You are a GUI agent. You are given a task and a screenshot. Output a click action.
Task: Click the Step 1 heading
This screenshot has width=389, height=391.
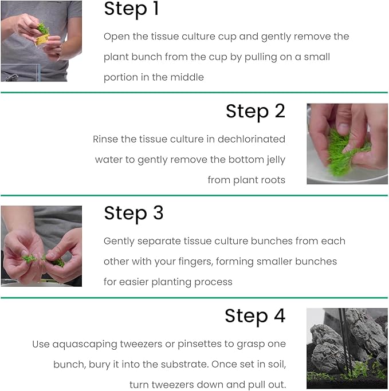point(131,10)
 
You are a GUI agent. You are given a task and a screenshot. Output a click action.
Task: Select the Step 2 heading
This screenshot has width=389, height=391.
point(255,111)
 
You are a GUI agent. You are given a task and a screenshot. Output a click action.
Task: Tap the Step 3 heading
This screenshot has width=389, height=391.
point(133,214)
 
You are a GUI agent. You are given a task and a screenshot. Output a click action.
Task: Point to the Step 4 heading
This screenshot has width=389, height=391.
point(254,316)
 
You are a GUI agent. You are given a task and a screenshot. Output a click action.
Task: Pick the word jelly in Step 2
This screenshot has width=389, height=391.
point(273,160)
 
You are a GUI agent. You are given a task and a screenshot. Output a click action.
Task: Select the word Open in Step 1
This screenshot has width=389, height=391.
point(116,37)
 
